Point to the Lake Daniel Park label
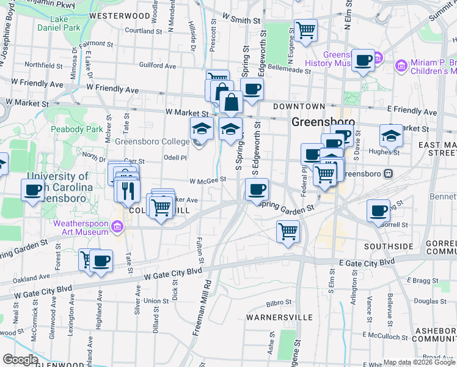(x=59, y=23)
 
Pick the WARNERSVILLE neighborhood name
(x=279, y=318)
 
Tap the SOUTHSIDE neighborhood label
(x=389, y=246)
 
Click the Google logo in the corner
(x=20, y=360)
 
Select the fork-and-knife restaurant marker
(x=127, y=191)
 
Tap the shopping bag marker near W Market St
(x=232, y=102)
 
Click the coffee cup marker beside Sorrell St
(x=379, y=210)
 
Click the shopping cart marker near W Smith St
(x=305, y=29)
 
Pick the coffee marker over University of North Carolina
(x=33, y=190)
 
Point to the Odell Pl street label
(x=174, y=157)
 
